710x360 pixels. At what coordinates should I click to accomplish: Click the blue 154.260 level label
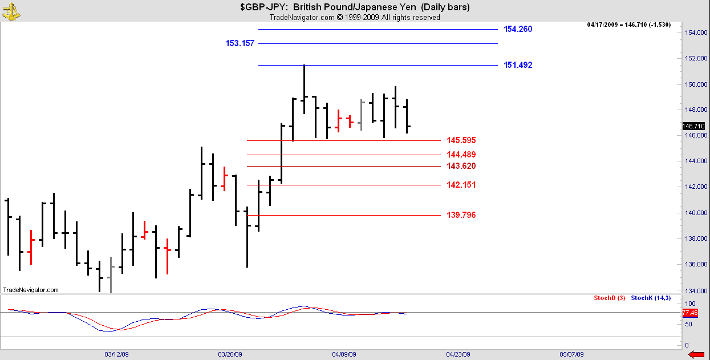pos(518,29)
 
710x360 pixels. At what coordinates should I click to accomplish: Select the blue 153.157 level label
pos(240,43)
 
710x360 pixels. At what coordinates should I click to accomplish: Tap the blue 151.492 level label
pos(518,65)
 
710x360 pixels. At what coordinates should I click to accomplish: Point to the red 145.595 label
pos(461,140)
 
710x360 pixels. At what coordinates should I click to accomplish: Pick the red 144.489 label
pos(461,155)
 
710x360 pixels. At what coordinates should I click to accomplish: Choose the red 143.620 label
pos(461,166)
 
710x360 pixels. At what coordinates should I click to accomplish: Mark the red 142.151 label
pos(461,185)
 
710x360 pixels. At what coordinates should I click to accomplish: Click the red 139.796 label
pos(461,215)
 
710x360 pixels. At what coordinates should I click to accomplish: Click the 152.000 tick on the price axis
pos(693,58)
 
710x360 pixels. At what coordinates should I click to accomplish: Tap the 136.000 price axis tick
pos(693,264)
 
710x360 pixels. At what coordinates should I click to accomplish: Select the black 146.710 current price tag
pos(693,126)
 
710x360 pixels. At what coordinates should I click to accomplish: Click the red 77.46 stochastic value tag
pos(690,313)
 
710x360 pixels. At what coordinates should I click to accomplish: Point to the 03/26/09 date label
pos(230,354)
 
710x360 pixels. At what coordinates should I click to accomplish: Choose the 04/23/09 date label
pos(458,354)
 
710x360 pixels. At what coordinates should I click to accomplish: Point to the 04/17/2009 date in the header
pos(603,25)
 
